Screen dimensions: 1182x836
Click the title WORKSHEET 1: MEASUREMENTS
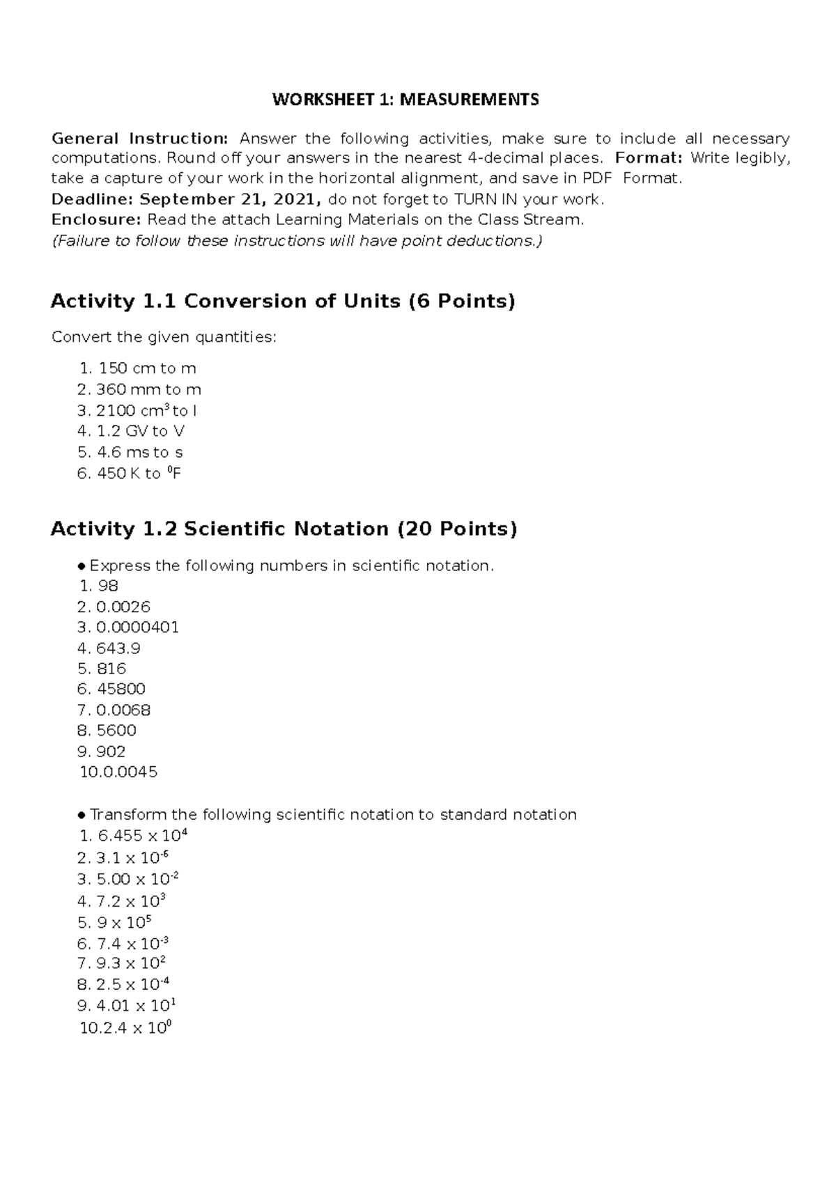click(x=405, y=100)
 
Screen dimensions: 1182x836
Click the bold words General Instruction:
click(x=139, y=138)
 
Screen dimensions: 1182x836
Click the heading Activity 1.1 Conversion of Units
click(x=282, y=302)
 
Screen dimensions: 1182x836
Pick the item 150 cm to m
click(x=147, y=368)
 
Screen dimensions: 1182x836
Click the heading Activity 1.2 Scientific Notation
click(x=284, y=529)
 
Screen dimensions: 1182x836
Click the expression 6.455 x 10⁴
click(x=143, y=836)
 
